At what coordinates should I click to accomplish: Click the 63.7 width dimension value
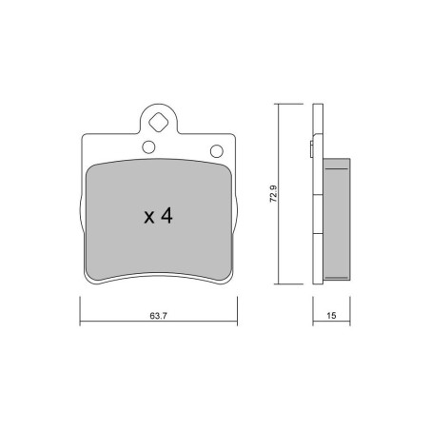158,316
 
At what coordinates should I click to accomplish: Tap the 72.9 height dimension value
273,194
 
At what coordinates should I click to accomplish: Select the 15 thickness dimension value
331,316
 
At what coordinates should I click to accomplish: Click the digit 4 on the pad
166,216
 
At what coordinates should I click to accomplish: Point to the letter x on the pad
149,218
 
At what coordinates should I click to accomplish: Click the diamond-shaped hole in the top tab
158,122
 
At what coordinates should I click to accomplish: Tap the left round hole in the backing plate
148,147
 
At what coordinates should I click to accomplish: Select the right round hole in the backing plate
217,151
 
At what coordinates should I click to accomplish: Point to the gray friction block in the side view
337,220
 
